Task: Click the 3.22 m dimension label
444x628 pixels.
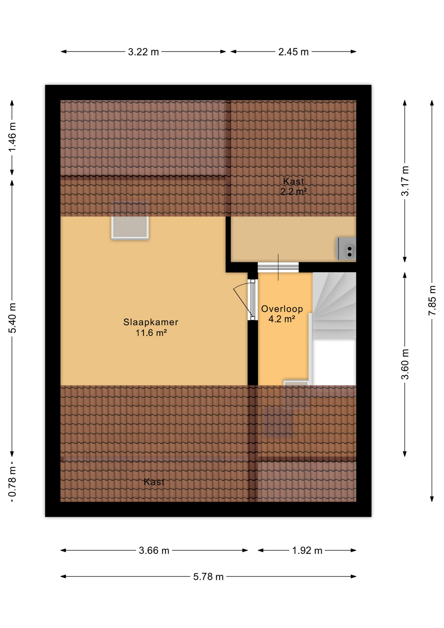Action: (x=143, y=52)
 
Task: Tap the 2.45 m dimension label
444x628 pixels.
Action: (x=293, y=52)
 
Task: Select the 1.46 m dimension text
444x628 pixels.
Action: (x=12, y=137)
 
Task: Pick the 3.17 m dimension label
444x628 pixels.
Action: (x=405, y=181)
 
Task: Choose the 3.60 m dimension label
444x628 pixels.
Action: (x=405, y=364)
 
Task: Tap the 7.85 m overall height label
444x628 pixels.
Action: (x=432, y=300)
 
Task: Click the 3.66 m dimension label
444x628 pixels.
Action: (x=154, y=550)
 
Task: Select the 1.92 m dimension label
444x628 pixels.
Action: (x=307, y=550)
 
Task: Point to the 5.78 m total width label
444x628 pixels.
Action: (x=208, y=577)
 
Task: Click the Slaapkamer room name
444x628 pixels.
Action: (x=151, y=322)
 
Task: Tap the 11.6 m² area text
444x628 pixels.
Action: (x=151, y=333)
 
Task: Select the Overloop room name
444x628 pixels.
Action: (x=282, y=309)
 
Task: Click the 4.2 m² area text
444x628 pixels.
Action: (x=282, y=319)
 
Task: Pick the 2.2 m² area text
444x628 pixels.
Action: (x=293, y=192)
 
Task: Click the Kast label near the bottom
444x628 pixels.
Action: (x=154, y=482)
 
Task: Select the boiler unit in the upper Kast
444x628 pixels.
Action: (x=347, y=249)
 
